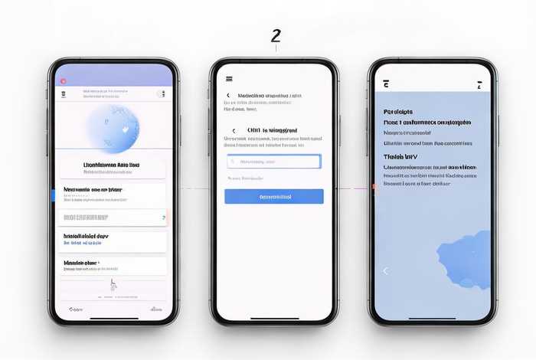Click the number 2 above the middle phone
pos(276,36)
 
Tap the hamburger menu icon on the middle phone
pos(229,79)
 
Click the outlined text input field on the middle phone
pos(273,162)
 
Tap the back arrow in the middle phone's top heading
pos(228,96)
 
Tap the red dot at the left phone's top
pos(63,81)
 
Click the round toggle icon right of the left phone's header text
pos(161,94)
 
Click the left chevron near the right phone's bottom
pos(385,270)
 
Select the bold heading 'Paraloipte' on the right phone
pos(399,111)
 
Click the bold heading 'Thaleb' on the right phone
pos(400,155)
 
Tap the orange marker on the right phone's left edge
pos(374,186)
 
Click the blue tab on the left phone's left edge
pos(54,195)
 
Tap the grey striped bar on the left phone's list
pos(113,218)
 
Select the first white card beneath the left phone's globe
pos(113,169)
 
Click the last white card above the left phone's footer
pos(113,266)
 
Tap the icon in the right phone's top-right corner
pos(479,84)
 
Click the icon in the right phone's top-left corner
pos(386,84)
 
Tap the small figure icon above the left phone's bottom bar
pos(113,285)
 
